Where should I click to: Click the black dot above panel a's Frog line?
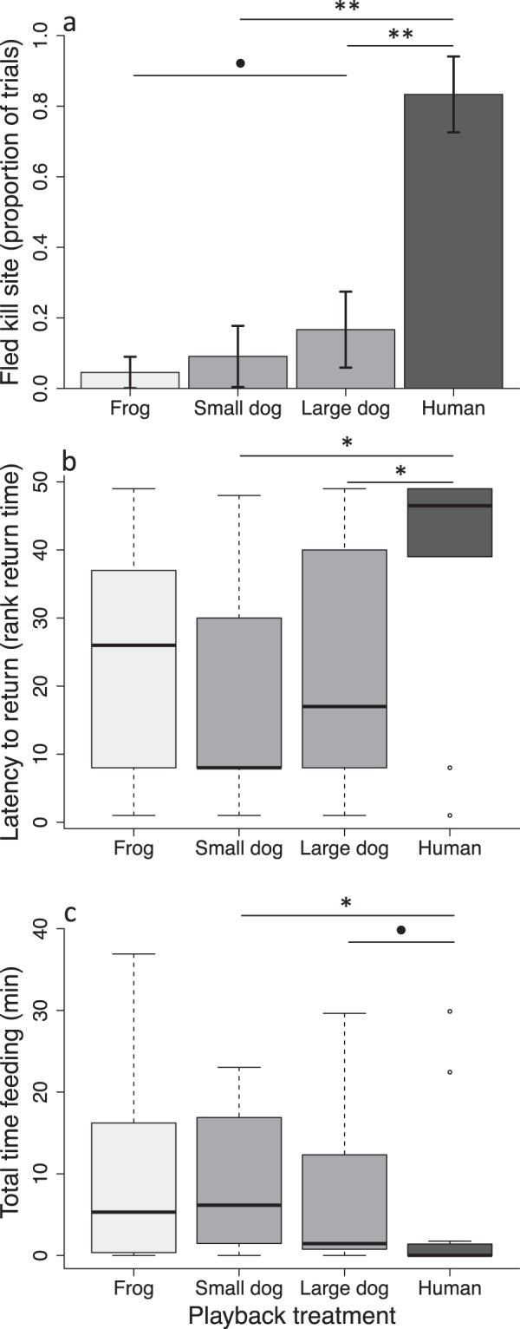click(x=241, y=62)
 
